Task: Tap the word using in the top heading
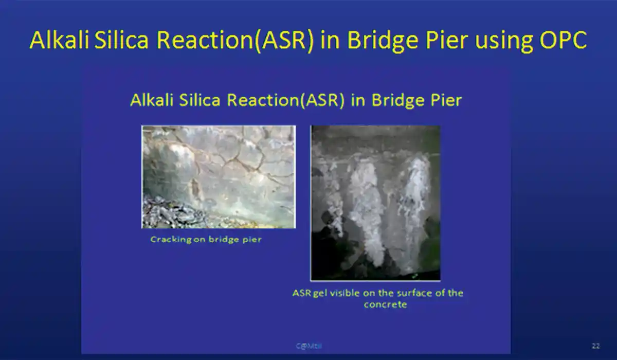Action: tap(503, 40)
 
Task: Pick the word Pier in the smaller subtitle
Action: tap(445, 100)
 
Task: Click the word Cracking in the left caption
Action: tap(171, 240)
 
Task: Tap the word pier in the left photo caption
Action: tap(251, 240)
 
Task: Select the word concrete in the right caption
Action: tap(385, 304)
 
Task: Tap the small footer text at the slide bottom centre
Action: tap(307, 346)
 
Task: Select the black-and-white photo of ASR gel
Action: tap(375, 203)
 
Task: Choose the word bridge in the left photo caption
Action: tap(221, 240)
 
